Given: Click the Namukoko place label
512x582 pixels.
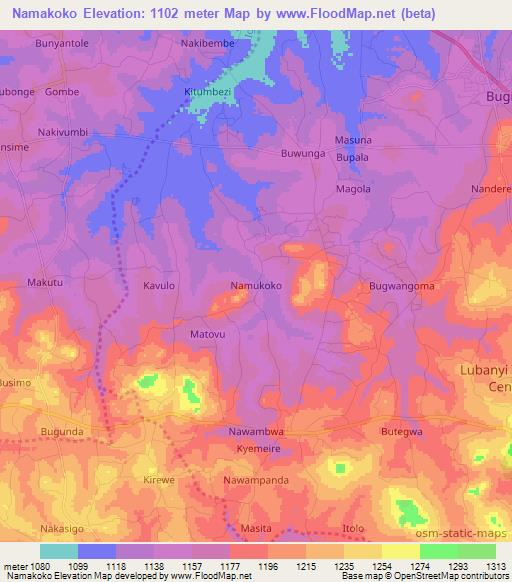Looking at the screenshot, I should pyautogui.click(x=256, y=285).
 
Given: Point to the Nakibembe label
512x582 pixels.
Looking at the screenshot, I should pyautogui.click(x=207, y=45).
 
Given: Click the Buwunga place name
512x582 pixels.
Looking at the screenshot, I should pyautogui.click(x=304, y=156).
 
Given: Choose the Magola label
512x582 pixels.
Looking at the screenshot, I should pyautogui.click(x=353, y=189).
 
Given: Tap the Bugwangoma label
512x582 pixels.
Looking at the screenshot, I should pyautogui.click(x=401, y=286).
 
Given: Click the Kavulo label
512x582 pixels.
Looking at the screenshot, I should pyautogui.click(x=159, y=285).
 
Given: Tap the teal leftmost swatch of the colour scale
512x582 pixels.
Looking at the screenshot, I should pyautogui.click(x=59, y=551).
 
